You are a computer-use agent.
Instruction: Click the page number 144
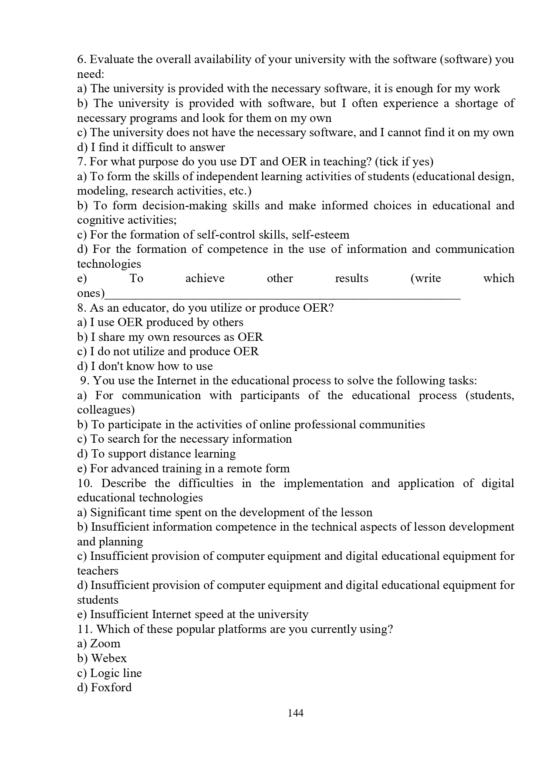[296, 713]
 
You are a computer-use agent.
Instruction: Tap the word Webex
[109, 658]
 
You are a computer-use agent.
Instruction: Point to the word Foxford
[111, 687]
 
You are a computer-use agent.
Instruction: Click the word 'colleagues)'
[106, 410]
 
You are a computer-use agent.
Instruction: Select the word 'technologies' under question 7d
[109, 264]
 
